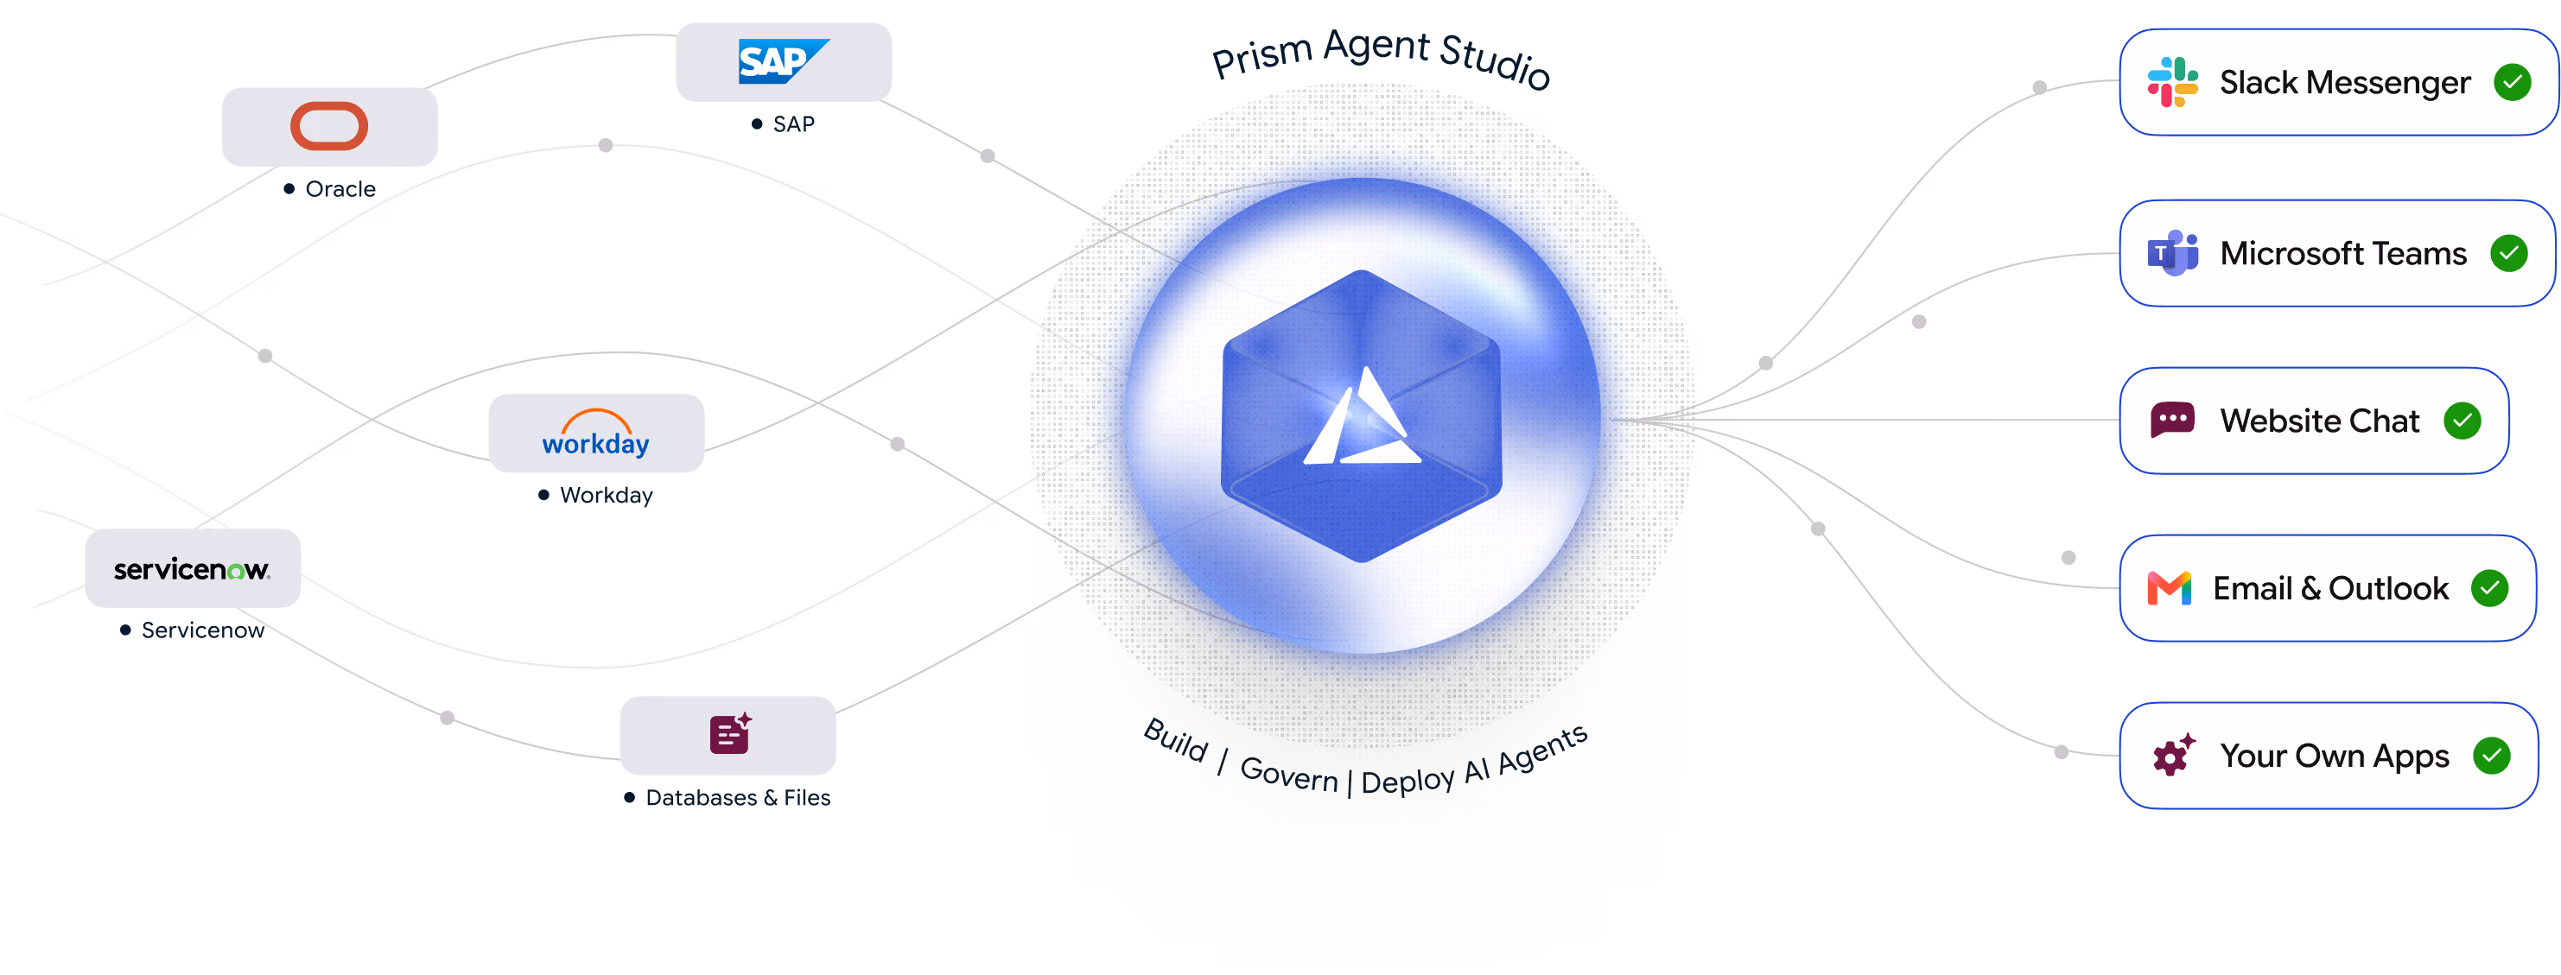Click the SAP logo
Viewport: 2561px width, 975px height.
coord(784,61)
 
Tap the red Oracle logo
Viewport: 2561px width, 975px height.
coord(329,126)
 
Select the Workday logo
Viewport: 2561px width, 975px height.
coord(595,434)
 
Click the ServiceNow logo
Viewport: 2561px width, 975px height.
coord(192,569)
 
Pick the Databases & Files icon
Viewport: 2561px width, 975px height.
coord(731,733)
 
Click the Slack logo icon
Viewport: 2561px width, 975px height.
coord(2172,81)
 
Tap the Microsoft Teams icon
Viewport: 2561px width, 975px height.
coord(2172,252)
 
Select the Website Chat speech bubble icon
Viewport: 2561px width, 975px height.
coord(2172,421)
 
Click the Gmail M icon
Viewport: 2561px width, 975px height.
coord(2170,588)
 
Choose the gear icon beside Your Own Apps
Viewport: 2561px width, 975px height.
coord(2173,756)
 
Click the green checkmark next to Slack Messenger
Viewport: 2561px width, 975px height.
coord(2513,81)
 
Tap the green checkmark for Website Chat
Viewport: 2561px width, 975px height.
coord(2462,421)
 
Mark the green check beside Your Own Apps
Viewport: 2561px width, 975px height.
coord(2491,756)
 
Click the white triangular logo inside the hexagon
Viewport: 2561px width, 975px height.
coord(1362,417)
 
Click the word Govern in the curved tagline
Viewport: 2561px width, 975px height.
coord(1289,773)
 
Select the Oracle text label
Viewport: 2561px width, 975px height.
coord(340,189)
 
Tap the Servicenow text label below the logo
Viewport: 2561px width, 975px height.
coord(203,630)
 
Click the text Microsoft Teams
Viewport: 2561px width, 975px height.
coord(2343,253)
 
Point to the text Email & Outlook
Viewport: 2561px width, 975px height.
coord(2330,588)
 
